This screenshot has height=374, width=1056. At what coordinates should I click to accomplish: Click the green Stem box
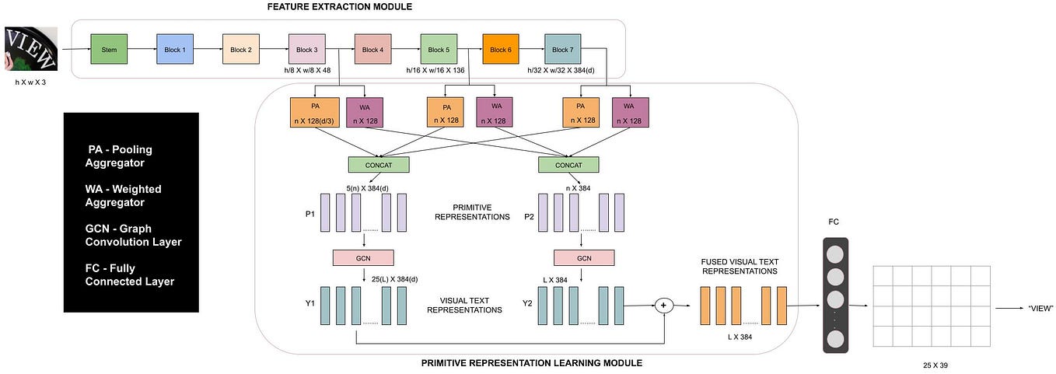[x=108, y=50]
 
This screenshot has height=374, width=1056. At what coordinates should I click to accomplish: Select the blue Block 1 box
[x=174, y=50]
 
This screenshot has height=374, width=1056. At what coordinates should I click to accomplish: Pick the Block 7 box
[x=561, y=50]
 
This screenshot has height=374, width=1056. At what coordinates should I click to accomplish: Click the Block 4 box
[x=372, y=50]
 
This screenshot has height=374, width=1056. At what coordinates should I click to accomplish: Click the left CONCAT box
[x=379, y=165]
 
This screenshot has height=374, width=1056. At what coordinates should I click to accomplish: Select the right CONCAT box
[x=568, y=165]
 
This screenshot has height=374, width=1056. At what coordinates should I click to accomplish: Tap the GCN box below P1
[x=363, y=258]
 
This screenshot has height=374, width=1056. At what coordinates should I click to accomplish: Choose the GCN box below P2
[x=584, y=258]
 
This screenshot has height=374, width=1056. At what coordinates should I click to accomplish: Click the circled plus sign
[x=664, y=306]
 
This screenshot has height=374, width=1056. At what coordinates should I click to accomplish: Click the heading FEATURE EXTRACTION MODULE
[x=339, y=7]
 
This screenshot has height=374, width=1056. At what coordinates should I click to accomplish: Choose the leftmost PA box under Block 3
[x=314, y=113]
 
